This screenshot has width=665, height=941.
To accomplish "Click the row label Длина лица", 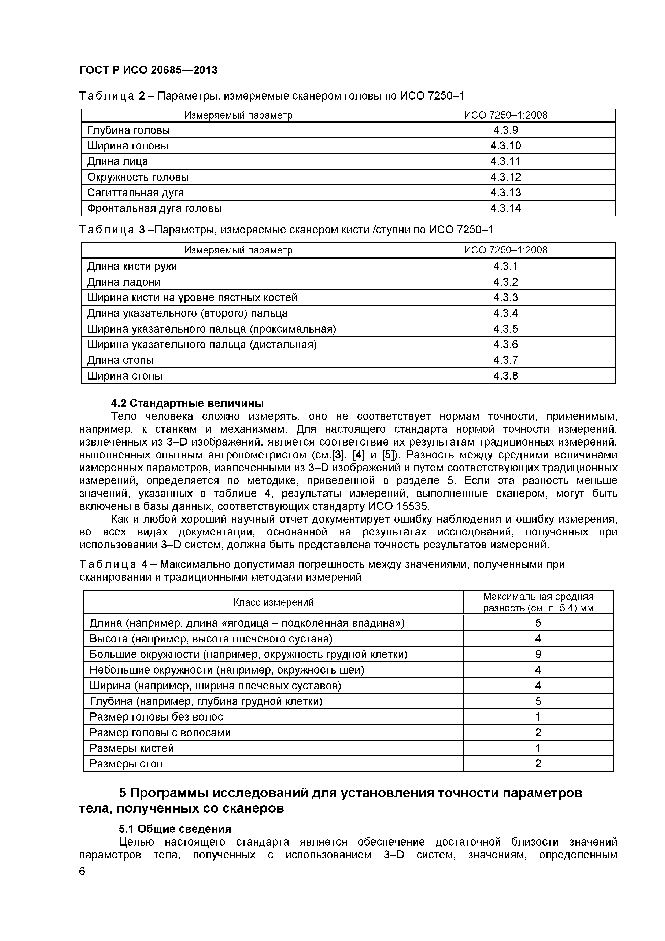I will click(x=118, y=161).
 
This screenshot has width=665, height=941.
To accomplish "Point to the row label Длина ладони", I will click(x=124, y=282).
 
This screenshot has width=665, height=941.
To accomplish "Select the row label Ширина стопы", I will click(x=125, y=376).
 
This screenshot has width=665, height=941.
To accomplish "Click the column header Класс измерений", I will click(x=273, y=602).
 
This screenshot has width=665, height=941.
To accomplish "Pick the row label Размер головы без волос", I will click(x=156, y=717).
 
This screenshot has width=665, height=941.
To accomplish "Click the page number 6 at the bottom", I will click(x=82, y=883).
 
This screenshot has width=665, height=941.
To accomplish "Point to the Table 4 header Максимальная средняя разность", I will click(x=538, y=602).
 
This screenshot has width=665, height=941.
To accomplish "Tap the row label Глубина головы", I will click(x=128, y=130).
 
